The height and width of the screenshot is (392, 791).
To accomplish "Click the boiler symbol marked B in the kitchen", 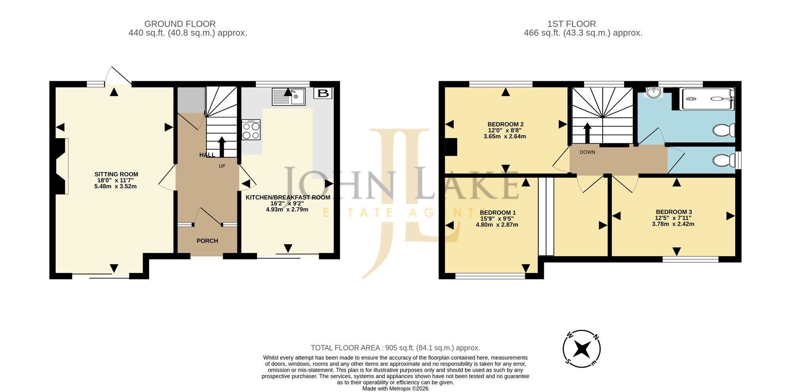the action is (x=323, y=93).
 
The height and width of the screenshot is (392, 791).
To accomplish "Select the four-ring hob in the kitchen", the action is (x=251, y=130).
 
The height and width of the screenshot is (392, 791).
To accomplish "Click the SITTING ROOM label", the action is (x=116, y=174).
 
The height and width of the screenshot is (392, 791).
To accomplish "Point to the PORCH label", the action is (x=207, y=241).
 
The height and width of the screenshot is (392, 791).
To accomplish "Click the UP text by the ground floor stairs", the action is (x=222, y=166).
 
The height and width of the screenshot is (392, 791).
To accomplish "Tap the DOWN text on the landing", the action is (x=587, y=152).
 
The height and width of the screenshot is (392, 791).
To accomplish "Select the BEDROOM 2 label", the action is (x=505, y=124).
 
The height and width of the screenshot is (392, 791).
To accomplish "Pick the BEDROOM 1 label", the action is (x=498, y=213).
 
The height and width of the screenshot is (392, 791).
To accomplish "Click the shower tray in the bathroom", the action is (x=707, y=99).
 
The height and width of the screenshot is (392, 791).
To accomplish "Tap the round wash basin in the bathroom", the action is (x=654, y=92).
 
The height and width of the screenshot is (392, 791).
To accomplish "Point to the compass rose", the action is (x=582, y=349).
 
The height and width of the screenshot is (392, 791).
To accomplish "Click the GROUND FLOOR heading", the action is (x=180, y=24).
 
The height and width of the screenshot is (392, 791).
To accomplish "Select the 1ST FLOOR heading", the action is (x=571, y=24).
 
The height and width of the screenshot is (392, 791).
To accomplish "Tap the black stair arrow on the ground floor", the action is (x=221, y=147).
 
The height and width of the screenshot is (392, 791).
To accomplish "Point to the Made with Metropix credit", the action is (x=395, y=388).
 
